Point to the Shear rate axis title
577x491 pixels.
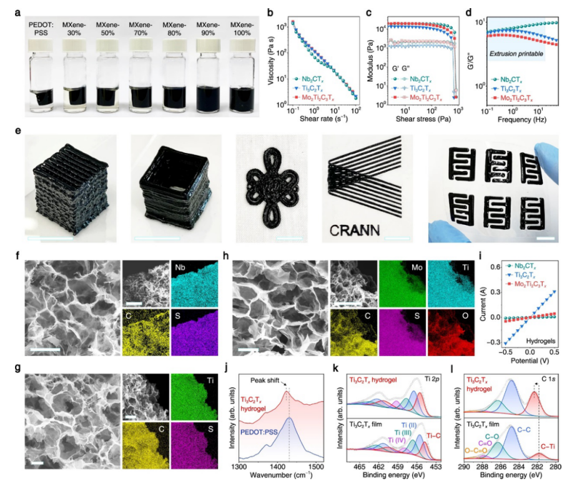click(315, 120)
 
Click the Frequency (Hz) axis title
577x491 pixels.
click(523, 120)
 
